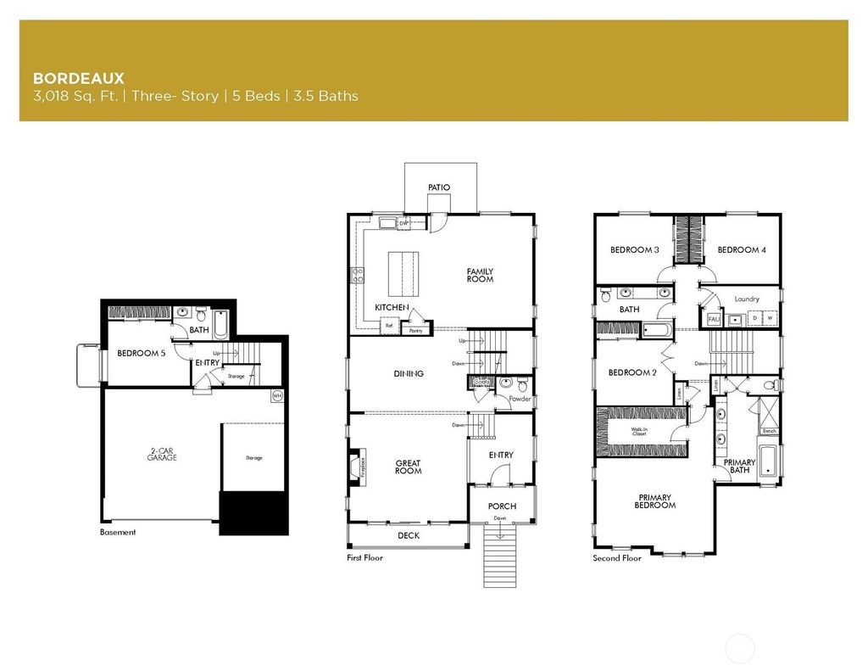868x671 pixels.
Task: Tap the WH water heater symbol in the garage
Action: pyautogui.click(x=277, y=395)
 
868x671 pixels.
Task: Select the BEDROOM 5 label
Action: pyautogui.click(x=142, y=354)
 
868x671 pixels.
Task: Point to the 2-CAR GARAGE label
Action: pyautogui.click(x=160, y=454)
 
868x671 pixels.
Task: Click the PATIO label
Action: pyautogui.click(x=439, y=187)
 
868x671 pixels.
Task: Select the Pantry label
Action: pyautogui.click(x=416, y=330)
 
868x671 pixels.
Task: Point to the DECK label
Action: pyautogui.click(x=409, y=535)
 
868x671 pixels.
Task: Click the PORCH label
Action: pyautogui.click(x=502, y=506)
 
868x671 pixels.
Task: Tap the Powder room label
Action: pyautogui.click(x=520, y=398)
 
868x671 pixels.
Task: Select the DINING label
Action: pyautogui.click(x=409, y=374)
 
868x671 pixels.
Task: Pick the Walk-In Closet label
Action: pyautogui.click(x=639, y=432)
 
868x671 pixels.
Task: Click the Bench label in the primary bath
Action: pyautogui.click(x=769, y=431)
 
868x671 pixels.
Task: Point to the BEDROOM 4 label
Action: pyautogui.click(x=742, y=250)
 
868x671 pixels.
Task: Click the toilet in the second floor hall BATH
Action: pyautogui.click(x=605, y=296)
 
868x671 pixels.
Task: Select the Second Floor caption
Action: pyautogui.click(x=617, y=558)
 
